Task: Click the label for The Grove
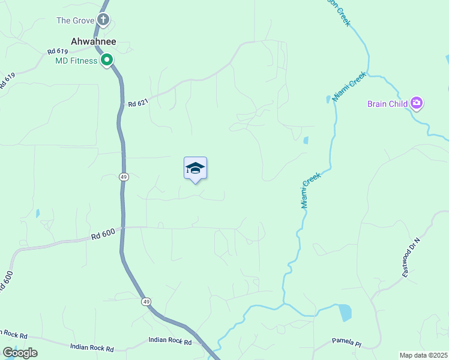point(76,20)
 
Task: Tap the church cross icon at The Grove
point(104,20)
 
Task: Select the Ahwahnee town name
point(93,41)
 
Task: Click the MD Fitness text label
point(76,61)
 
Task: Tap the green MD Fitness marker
point(107,59)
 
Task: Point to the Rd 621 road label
point(137,103)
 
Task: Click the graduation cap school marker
point(195,168)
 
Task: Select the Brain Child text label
point(388,104)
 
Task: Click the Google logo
point(20,353)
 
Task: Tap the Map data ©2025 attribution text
point(423,355)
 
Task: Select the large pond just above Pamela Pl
point(345,312)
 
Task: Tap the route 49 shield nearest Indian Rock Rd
point(146,302)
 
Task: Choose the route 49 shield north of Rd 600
point(123,177)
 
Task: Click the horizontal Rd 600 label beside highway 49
point(103,236)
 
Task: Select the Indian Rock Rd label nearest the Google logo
point(91,347)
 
